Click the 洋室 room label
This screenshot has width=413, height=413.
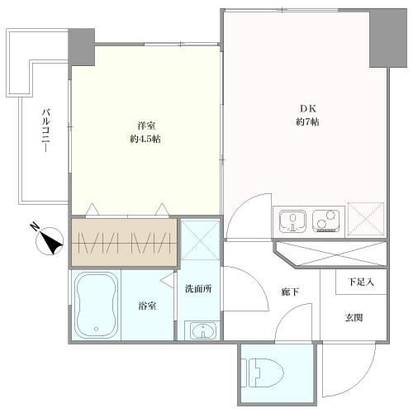tap(146, 126)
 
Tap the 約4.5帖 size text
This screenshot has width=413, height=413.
tap(145, 139)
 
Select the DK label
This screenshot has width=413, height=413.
tap(308, 109)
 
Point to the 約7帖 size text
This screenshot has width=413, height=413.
tap(307, 121)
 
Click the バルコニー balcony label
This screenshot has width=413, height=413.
tap(46, 130)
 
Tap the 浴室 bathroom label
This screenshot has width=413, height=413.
tap(147, 306)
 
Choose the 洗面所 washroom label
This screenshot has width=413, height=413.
tap(198, 288)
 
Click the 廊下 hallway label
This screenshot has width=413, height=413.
tap(290, 292)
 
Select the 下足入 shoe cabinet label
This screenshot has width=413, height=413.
tap(361, 282)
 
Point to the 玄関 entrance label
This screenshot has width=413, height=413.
tap(354, 318)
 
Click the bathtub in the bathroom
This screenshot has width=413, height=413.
tap(96, 306)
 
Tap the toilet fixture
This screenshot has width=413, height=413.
tap(263, 373)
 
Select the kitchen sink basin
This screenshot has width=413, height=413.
tap(292, 221)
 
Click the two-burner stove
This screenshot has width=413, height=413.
tap(326, 221)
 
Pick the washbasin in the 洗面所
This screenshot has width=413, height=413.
tap(202, 330)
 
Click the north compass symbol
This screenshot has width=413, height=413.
tap(49, 240)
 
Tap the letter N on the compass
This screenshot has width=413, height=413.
tap(35, 227)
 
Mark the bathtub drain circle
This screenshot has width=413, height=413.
tap(96, 329)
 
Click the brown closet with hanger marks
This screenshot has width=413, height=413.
tap(124, 243)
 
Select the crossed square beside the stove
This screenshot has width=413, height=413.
tap(366, 219)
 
